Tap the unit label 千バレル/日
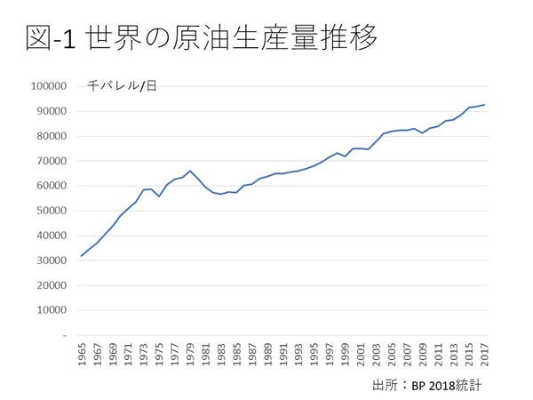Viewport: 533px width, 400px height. click(x=122, y=86)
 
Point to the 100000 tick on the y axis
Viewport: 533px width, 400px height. click(x=49, y=86)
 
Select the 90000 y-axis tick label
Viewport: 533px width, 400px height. click(x=52, y=111)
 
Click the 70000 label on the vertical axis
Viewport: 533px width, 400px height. click(x=52, y=161)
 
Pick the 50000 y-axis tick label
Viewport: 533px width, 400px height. click(x=52, y=211)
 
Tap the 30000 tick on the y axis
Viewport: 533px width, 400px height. click(x=52, y=260)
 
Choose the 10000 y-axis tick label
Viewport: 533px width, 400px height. click(x=52, y=310)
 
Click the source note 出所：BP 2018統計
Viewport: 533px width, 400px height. click(x=431, y=384)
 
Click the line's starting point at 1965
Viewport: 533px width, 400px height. click(x=82, y=256)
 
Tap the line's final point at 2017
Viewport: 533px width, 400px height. click(x=485, y=104)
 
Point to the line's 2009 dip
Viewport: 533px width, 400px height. click(x=423, y=133)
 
